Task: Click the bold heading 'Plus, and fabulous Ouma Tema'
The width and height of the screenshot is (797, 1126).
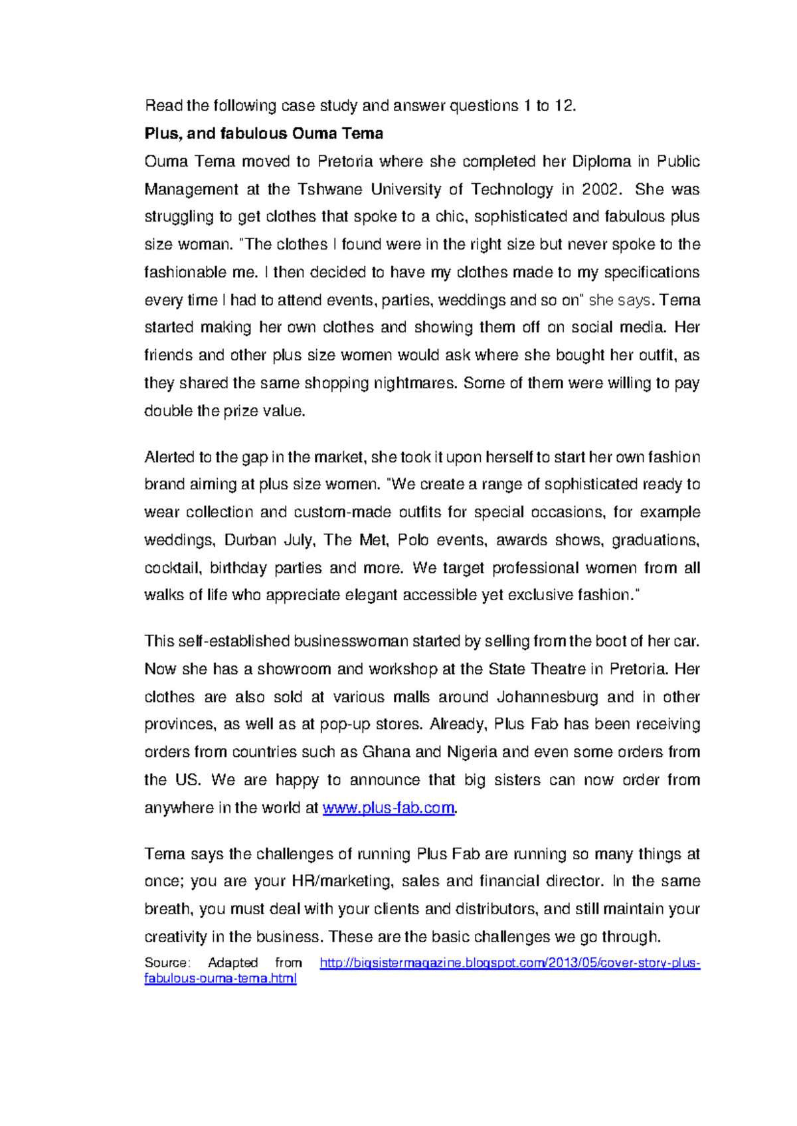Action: [264, 133]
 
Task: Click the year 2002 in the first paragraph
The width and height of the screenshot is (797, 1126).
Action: [600, 189]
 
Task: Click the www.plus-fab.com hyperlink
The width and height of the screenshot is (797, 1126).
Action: [389, 808]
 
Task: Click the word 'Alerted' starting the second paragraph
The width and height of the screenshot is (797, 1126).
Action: [169, 457]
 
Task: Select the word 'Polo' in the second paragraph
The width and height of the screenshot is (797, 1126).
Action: [413, 540]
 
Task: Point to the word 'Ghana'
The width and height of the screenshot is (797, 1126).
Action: [387, 752]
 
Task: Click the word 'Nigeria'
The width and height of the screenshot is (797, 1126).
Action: [472, 752]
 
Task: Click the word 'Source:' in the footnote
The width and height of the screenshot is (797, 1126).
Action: [167, 963]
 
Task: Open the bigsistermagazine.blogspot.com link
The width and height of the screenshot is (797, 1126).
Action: [509, 963]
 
